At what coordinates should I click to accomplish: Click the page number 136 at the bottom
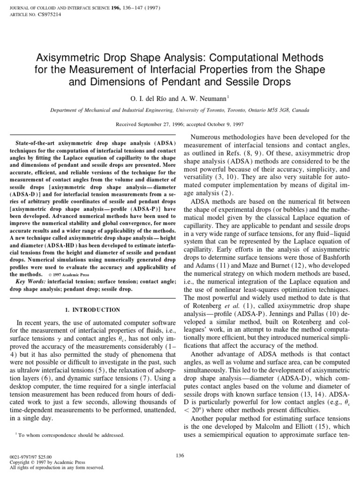point(180,454)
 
